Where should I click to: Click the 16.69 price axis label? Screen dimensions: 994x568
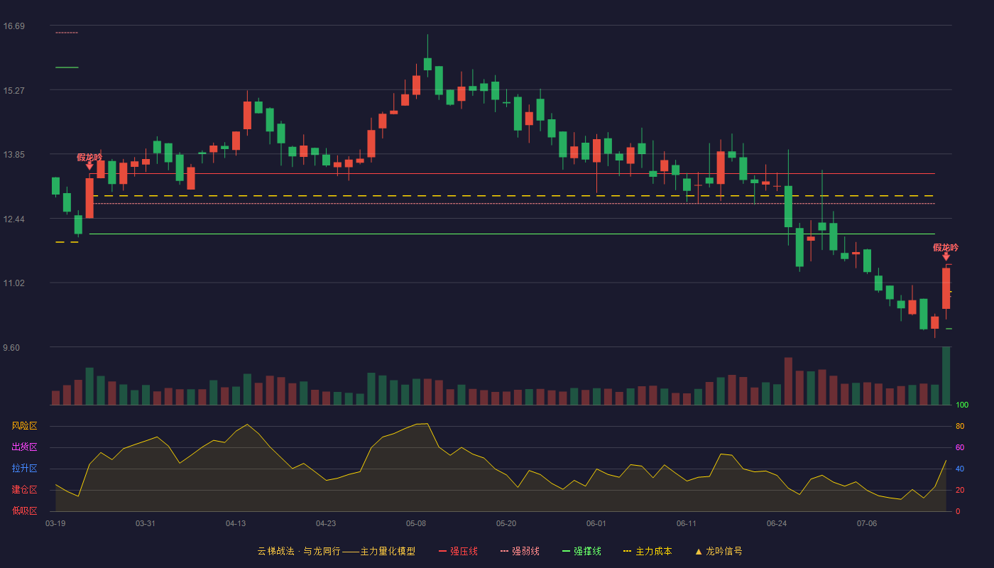coord(13,26)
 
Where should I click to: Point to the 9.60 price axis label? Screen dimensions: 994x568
coord(11,348)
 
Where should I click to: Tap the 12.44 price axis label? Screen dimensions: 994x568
coord(13,219)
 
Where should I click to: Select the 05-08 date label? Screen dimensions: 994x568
coord(416,524)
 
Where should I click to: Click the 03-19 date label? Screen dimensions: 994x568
coord(55,524)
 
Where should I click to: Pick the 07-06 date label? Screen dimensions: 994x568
coord(867,524)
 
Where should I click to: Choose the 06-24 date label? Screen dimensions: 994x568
coord(777,524)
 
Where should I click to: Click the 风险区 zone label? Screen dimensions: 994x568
coord(24,426)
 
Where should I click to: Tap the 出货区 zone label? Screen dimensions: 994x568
coord(24,447)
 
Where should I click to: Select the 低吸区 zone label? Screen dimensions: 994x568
coord(24,510)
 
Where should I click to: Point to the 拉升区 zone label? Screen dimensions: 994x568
coord(24,468)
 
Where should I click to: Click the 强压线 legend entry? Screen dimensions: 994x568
coord(458,551)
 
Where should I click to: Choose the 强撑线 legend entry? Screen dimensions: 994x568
coord(581,551)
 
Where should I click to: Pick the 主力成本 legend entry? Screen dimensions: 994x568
coord(648,551)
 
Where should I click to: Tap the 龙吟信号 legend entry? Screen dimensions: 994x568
coord(719,551)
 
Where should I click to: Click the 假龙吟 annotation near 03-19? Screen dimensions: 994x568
coord(89,158)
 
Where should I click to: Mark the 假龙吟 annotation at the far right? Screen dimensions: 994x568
coord(946,248)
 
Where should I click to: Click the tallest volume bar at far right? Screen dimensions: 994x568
coord(946,376)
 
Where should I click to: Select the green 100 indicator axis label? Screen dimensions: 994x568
coord(962,405)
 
